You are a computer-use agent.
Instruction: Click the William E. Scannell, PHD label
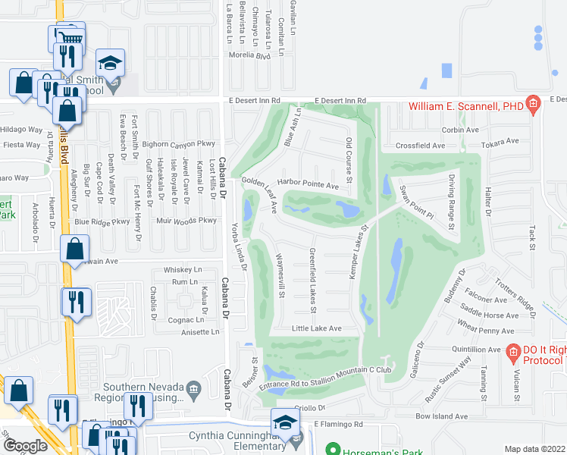coord(466,106)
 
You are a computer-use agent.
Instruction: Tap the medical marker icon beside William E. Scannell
coord(533,104)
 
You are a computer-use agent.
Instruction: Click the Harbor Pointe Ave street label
coord(308,184)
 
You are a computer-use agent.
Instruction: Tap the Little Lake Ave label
coord(317,328)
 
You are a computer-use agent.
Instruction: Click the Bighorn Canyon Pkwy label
coord(178,143)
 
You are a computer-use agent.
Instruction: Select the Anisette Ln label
coord(200,331)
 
